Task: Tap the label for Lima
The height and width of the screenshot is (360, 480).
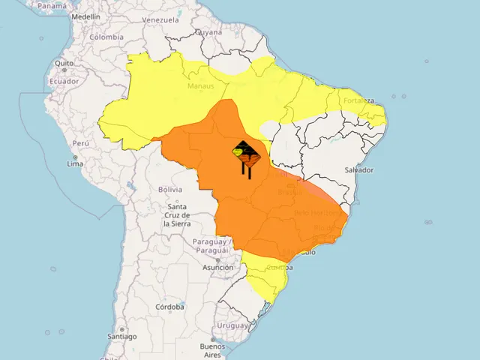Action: click(75, 163)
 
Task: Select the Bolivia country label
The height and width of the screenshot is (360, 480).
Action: click(170, 190)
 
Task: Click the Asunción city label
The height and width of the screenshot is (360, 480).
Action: click(217, 267)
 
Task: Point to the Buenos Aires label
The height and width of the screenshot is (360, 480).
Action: click(212, 350)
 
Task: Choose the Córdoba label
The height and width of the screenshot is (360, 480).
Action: click(170, 307)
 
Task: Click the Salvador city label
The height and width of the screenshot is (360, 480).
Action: click(358, 170)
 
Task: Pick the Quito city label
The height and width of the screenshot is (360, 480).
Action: click(64, 63)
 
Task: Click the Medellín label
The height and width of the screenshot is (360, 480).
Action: click(85, 16)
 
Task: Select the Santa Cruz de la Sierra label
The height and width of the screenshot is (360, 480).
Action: click(178, 215)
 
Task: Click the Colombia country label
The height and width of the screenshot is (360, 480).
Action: click(106, 36)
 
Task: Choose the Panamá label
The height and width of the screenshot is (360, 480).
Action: click(52, 5)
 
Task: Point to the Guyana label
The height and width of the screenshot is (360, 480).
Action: click(208, 33)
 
